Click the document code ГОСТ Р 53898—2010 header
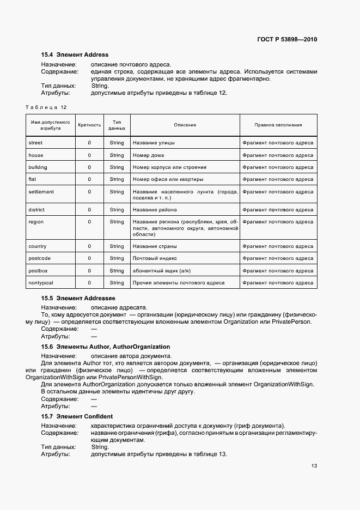point(288,40)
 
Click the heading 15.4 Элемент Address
point(75,54)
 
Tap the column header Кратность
point(89,125)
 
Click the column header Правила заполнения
point(278,125)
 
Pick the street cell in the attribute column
point(35,143)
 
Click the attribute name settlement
point(41,192)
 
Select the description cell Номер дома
point(148,155)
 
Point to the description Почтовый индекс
point(155,258)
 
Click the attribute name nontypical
point(41,283)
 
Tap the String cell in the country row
point(117,246)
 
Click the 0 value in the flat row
point(89,179)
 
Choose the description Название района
point(155,210)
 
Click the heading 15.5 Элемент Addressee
point(78,299)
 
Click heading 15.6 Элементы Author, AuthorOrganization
point(106,347)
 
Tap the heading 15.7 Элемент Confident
point(76,416)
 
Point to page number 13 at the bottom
point(314,466)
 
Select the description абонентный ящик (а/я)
point(161,271)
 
